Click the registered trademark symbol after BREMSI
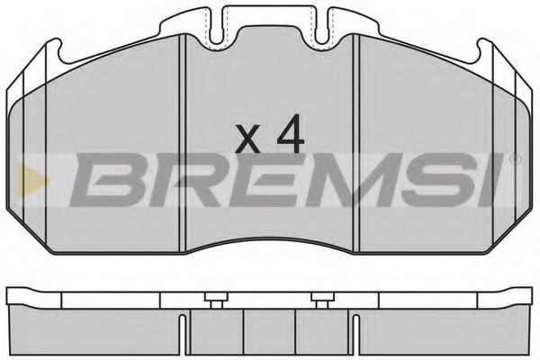(514, 159)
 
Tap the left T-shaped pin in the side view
(213, 299)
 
